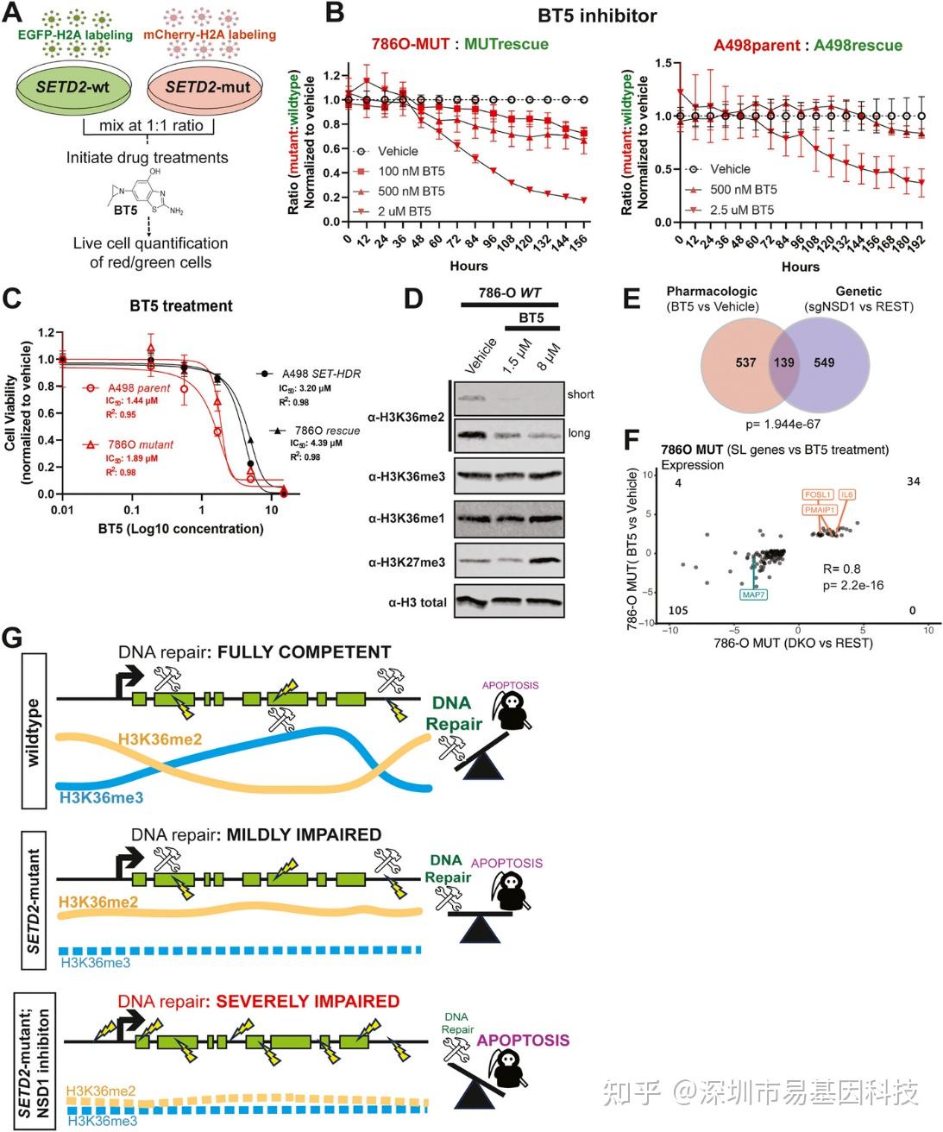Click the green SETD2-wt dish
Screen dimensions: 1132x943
click(x=74, y=88)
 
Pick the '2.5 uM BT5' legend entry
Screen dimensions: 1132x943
click(x=741, y=210)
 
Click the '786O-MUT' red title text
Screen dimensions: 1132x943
click(x=411, y=44)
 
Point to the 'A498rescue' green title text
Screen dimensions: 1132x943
click(x=858, y=45)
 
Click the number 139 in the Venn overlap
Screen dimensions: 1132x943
click(x=783, y=362)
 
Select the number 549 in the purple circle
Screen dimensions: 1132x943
click(x=824, y=362)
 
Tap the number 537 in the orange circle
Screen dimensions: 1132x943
click(x=745, y=362)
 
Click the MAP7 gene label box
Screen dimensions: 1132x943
click(x=753, y=594)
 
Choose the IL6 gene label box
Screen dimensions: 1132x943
click(x=846, y=494)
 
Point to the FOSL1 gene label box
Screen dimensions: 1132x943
click(x=817, y=494)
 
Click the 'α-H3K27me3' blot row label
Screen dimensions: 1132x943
click(x=406, y=563)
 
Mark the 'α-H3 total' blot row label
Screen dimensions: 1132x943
click(x=417, y=602)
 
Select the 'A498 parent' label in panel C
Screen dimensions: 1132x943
click(x=139, y=388)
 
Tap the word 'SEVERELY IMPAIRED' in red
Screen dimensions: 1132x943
click(x=308, y=1002)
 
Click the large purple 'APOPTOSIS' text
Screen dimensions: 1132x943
click(x=523, y=1040)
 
